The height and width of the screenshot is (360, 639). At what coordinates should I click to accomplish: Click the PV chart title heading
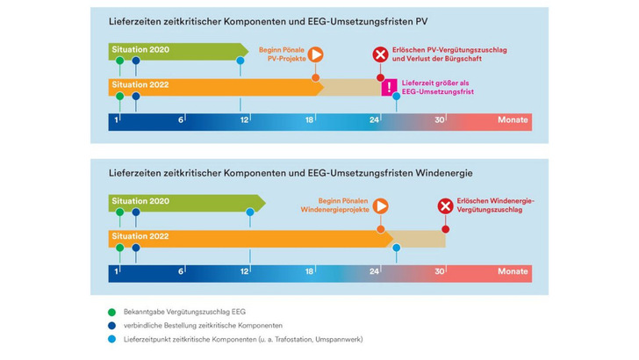pos(274,20)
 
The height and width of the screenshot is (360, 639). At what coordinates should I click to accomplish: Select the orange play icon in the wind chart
pos(380,206)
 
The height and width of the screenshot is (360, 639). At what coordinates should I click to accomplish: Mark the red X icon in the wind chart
pos(445,206)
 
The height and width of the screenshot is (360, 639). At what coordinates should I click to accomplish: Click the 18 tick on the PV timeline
pos(310,119)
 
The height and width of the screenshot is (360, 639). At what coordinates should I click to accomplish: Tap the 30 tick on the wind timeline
pos(440,271)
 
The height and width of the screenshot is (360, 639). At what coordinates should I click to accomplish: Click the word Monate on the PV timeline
pos(513,119)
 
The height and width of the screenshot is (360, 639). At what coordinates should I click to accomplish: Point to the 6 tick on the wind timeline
pos(181,271)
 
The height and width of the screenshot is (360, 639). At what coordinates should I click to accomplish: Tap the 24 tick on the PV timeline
pos(375,119)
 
